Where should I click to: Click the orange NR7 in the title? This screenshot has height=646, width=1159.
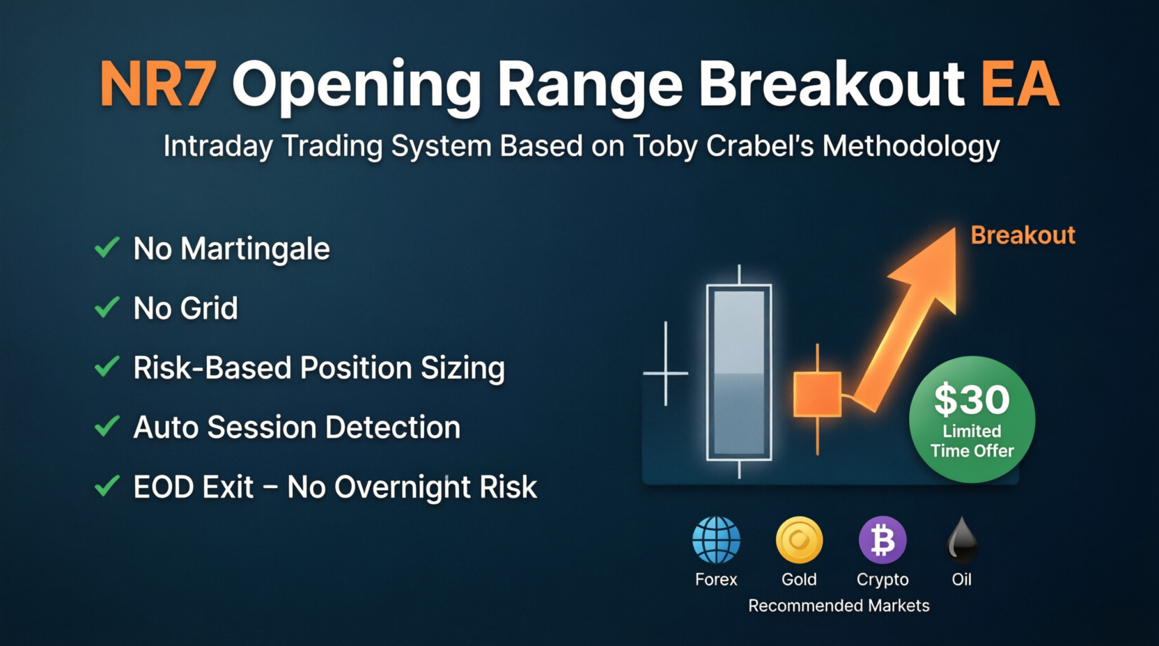pyautogui.click(x=157, y=84)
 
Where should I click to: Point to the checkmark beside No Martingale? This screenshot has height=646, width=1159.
pyautogui.click(x=107, y=247)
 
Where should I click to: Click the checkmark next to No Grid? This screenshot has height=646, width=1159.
pyautogui.click(x=107, y=307)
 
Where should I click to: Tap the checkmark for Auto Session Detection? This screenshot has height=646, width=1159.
pyautogui.click(x=107, y=427)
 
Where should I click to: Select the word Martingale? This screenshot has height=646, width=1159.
pyautogui.click(x=255, y=249)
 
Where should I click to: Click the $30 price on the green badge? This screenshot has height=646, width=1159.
pyautogui.click(x=972, y=400)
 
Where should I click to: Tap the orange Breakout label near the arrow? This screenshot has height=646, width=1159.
pyautogui.click(x=1023, y=235)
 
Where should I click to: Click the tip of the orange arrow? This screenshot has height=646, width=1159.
pyautogui.click(x=955, y=228)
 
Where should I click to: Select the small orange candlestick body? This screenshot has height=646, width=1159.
pyautogui.click(x=818, y=394)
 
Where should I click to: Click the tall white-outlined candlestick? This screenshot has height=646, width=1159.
pyautogui.click(x=739, y=372)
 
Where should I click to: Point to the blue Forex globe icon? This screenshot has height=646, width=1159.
pyautogui.click(x=716, y=540)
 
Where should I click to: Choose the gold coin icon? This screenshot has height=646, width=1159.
pyautogui.click(x=800, y=540)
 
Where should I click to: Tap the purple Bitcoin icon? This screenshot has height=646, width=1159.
pyautogui.click(x=882, y=540)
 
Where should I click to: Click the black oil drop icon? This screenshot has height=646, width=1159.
pyautogui.click(x=962, y=541)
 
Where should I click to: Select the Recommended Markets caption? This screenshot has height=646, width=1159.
pyautogui.click(x=839, y=606)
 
